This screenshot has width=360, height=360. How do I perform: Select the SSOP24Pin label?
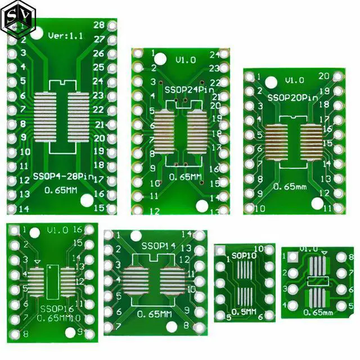point(181,90)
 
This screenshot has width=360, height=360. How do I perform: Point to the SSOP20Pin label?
point(292,97)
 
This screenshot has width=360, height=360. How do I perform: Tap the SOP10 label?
point(243,256)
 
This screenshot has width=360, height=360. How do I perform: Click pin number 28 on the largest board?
point(98,25)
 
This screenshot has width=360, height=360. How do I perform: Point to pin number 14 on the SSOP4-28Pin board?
point(24,209)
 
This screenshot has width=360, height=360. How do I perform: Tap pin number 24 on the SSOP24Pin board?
point(214,55)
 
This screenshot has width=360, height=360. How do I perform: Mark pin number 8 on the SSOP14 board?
point(186,325)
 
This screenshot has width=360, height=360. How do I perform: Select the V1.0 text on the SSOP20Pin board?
point(294,80)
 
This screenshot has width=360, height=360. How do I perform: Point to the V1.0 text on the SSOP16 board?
point(58,230)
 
